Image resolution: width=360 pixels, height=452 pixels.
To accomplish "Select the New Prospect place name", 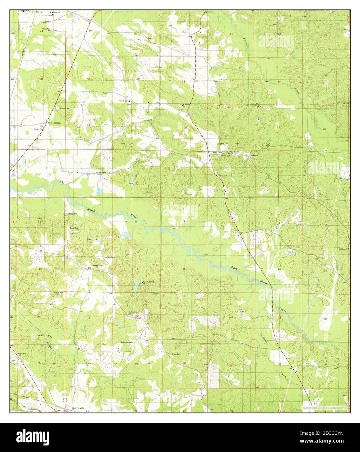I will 55,123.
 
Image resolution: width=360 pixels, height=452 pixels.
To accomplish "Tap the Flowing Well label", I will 72,214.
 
